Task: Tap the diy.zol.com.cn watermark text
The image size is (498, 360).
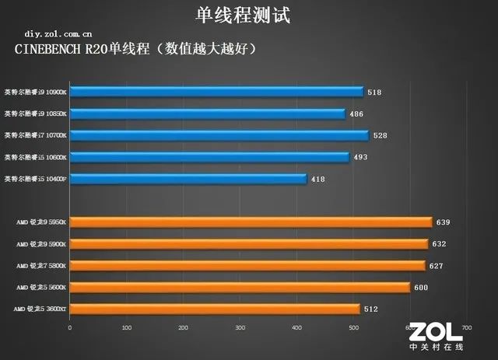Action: click(x=58, y=34)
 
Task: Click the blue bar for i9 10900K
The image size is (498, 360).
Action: click(x=217, y=92)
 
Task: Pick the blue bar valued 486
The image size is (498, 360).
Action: click(x=208, y=114)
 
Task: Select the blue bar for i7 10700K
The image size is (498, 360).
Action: click(x=219, y=135)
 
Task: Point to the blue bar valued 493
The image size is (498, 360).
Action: click(x=210, y=157)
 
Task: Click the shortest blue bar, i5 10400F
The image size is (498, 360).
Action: click(x=188, y=179)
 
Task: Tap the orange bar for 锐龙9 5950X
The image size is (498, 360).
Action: click(x=251, y=222)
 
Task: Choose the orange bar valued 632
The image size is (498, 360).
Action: click(x=249, y=243)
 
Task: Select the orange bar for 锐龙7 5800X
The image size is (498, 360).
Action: click(x=247, y=265)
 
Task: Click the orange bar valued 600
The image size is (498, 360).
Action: click(x=240, y=287)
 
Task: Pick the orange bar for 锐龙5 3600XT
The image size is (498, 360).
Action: click(x=215, y=309)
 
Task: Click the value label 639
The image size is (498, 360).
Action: click(x=443, y=222)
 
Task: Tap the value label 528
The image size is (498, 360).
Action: click(x=380, y=136)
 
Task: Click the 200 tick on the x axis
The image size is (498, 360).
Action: click(x=183, y=327)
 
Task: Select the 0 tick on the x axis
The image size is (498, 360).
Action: click(x=70, y=327)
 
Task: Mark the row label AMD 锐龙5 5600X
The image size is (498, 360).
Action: click(x=40, y=288)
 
